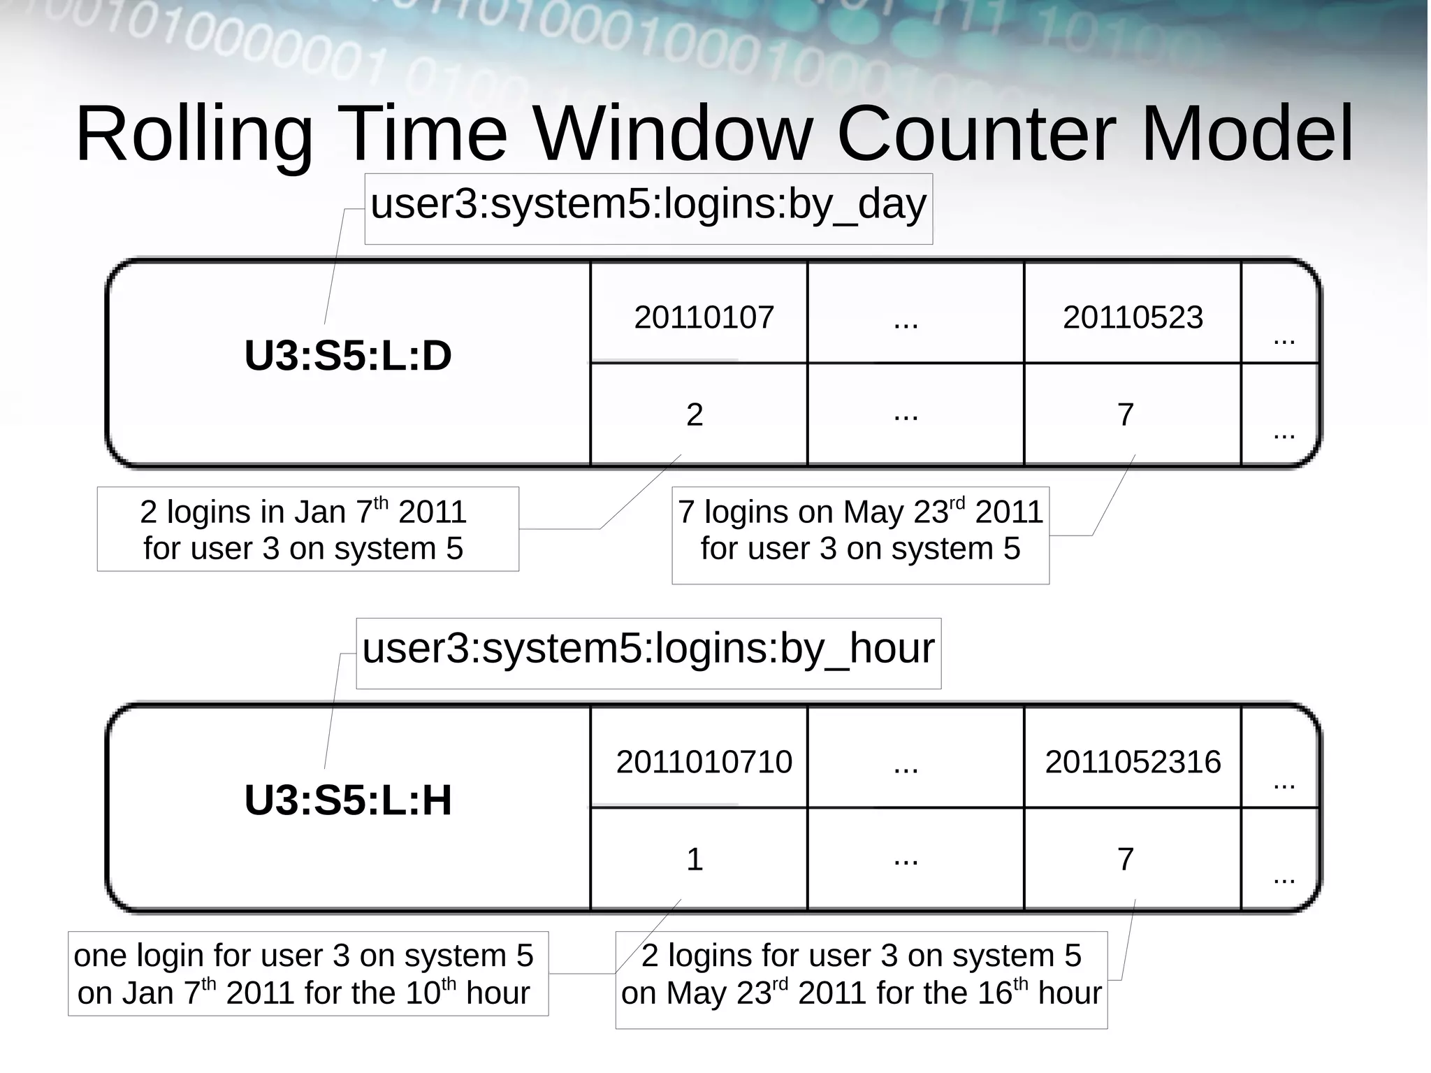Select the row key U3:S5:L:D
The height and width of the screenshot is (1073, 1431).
click(x=347, y=356)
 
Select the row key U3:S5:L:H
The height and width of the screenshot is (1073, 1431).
click(x=347, y=800)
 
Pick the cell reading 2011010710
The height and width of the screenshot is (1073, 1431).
click(x=704, y=762)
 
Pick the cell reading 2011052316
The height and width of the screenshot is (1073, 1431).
click(x=1132, y=762)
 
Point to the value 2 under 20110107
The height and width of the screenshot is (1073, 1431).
click(x=694, y=415)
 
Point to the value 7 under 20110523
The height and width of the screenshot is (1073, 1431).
click(x=1125, y=415)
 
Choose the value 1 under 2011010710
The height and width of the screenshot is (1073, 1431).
click(x=694, y=860)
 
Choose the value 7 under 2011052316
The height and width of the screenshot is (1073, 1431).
click(x=1125, y=860)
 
